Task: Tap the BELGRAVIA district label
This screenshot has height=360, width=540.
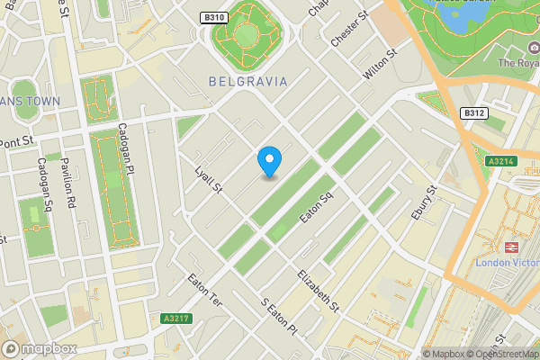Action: click(247, 81)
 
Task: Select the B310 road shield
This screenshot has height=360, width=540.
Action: click(212, 17)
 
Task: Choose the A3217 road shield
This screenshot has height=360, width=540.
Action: click(175, 319)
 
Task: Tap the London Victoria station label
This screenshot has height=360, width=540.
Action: click(506, 263)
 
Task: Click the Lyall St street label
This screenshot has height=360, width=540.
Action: click(208, 177)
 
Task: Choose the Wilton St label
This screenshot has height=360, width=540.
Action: click(380, 68)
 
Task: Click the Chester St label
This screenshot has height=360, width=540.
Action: click(350, 31)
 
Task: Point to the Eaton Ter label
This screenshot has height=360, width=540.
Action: click(204, 294)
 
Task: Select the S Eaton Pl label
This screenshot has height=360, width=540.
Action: click(278, 318)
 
